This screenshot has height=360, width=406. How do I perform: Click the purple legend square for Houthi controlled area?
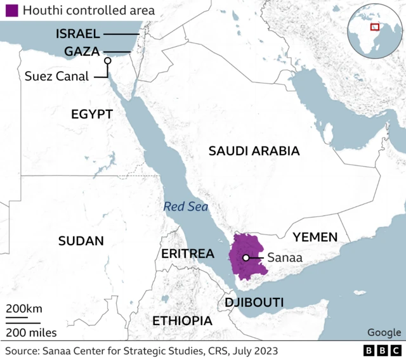(x=11, y=11)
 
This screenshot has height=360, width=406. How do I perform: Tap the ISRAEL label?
(x=77, y=34)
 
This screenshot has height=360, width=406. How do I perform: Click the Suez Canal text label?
(x=58, y=76)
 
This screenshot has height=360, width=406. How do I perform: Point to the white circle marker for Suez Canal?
(x=107, y=61)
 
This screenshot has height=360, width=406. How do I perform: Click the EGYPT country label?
(x=91, y=114)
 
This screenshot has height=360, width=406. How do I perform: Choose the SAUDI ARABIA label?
(x=254, y=151)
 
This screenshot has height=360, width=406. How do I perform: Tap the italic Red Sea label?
(x=185, y=206)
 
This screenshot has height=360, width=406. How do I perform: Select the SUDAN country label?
(x=81, y=241)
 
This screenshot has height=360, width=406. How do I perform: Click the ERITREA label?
(x=187, y=254)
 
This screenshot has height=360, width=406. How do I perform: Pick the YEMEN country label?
(x=315, y=237)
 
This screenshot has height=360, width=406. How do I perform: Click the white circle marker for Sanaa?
(x=246, y=257)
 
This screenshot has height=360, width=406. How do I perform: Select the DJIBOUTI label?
(x=254, y=302)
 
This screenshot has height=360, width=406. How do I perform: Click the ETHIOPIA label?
(x=182, y=321)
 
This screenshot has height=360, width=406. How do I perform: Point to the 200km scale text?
(x=25, y=309)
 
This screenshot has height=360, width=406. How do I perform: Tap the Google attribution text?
(x=384, y=333)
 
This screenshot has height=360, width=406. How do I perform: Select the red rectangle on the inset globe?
(x=375, y=27)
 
